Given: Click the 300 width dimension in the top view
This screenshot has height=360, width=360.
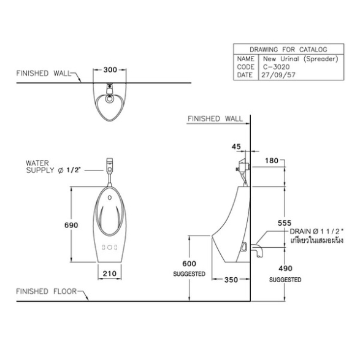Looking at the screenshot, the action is [x=110, y=69].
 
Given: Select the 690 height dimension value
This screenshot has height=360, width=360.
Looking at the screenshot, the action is [x=71, y=225].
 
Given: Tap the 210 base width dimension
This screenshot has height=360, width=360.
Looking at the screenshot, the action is [x=110, y=274].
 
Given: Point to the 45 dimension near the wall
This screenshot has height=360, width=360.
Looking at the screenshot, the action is [x=236, y=147].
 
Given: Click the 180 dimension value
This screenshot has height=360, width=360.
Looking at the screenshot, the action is [x=272, y=161].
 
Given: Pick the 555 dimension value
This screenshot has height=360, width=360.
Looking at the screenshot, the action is [x=285, y=223].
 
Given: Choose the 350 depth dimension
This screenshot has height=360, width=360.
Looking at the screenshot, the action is [x=231, y=280].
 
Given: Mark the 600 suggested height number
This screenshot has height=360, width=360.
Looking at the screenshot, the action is [x=189, y=264].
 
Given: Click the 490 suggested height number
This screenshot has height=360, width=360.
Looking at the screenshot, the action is [x=285, y=268].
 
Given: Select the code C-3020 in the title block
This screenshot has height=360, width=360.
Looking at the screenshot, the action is [x=276, y=67].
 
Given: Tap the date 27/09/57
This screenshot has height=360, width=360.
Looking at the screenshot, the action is [x=278, y=75].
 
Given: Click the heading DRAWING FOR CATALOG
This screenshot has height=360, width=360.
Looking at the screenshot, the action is [x=288, y=49].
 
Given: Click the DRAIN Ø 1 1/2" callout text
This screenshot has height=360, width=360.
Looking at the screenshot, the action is [x=317, y=231].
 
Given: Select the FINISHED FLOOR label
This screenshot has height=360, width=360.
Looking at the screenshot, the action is [x=46, y=291].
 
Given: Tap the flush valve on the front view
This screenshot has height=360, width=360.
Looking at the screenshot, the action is [x=110, y=166].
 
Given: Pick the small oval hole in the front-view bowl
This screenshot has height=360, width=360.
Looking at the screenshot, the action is [x=110, y=197].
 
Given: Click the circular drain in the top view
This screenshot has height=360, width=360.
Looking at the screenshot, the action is [x=110, y=99].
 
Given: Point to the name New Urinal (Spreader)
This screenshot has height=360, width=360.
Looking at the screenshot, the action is [x=301, y=59].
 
